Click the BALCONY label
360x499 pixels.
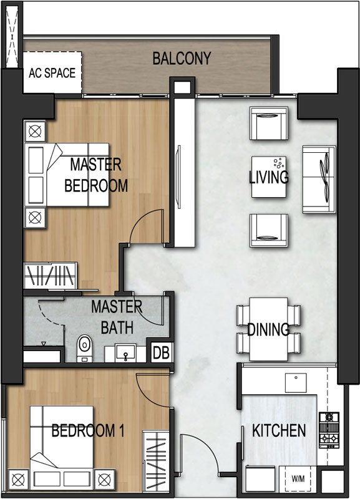click(182, 58)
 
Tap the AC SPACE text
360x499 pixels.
click(52, 73)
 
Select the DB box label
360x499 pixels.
click(162, 352)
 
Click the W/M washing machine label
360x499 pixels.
click(298, 478)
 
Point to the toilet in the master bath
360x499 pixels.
click(84, 348)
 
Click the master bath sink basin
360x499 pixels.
click(125, 352)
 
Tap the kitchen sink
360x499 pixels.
click(296, 383)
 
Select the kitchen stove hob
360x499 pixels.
click(329, 430)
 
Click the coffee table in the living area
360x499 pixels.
click(269, 177)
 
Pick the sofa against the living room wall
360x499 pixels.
click(319, 180)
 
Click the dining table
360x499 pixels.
click(269, 329)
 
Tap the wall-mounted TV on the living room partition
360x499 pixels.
click(178, 177)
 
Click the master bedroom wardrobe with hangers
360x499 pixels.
click(51, 275)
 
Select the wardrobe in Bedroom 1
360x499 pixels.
click(155, 461)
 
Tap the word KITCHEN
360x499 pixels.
click(279, 430)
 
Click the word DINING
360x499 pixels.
click(268, 329)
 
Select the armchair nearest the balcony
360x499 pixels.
click(269, 124)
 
